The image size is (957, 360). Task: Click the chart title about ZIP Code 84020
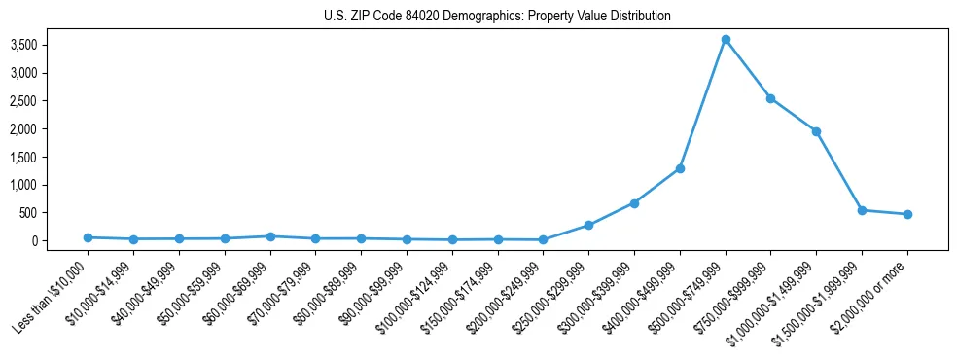pyautogui.click(x=497, y=17)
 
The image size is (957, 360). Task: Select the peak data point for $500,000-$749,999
pyautogui.click(x=726, y=39)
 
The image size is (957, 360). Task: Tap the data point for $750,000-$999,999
pyautogui.click(x=770, y=98)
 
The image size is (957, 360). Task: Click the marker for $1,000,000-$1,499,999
pyautogui.click(x=816, y=131)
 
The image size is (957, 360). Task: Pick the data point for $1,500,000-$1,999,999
pyautogui.click(x=862, y=210)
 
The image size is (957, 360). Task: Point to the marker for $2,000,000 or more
pyautogui.click(x=907, y=214)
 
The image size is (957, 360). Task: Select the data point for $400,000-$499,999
pyautogui.click(x=680, y=168)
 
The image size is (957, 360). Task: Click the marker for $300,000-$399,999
pyautogui.click(x=634, y=203)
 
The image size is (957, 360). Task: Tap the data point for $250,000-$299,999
pyautogui.click(x=588, y=225)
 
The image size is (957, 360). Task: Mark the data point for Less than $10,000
pyautogui.click(x=88, y=237)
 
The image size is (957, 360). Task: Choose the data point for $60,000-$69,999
pyautogui.click(x=270, y=236)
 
